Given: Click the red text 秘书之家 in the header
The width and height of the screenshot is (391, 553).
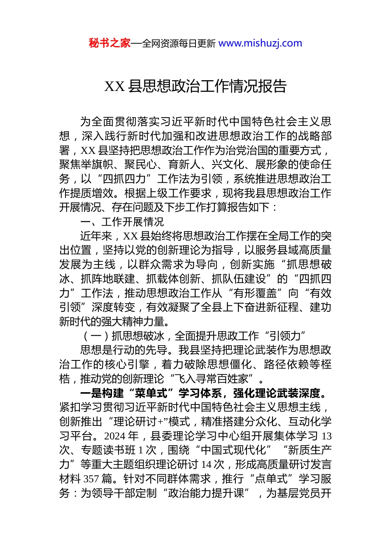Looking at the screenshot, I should point(109,43).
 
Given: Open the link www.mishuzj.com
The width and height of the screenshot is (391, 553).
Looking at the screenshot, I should point(260,43).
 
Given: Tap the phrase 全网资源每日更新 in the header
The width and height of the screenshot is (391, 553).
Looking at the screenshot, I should point(179,44).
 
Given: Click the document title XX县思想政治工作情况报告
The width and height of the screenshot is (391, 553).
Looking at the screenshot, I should point(195,86).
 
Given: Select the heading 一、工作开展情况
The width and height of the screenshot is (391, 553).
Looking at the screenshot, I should point(122,222).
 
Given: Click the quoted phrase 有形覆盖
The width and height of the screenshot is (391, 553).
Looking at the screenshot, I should point(258,293).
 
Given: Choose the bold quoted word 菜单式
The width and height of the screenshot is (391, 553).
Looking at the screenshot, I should point(151,393).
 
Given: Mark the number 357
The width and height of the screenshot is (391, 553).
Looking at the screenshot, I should point(91,479).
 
